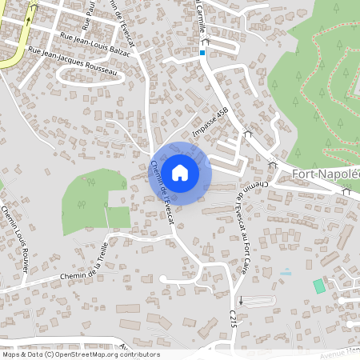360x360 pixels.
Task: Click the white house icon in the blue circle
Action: coord(180,172)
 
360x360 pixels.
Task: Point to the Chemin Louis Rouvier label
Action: coord(15,239)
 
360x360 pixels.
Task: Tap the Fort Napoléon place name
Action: coord(326,174)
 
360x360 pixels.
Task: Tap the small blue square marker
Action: coord(202,53)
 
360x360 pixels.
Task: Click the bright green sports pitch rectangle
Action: coord(319,286)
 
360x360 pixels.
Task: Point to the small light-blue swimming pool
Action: coord(286,273)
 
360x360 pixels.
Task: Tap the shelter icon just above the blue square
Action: coord(205,41)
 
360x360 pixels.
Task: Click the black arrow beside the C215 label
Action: coord(240,301)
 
